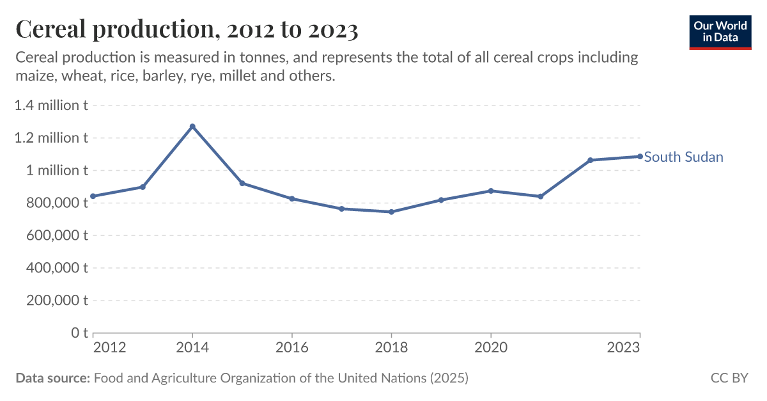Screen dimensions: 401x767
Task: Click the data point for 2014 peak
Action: point(192,127)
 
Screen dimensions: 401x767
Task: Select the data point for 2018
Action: point(391,212)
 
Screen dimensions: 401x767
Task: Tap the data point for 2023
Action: point(640,156)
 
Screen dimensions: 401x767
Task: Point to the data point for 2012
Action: point(93,196)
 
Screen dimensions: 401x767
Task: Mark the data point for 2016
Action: point(292,199)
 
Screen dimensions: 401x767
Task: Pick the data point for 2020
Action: point(491,191)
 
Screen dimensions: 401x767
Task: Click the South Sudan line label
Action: point(683,157)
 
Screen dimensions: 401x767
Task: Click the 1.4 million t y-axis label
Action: point(50,106)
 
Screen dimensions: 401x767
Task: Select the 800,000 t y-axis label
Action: point(57,203)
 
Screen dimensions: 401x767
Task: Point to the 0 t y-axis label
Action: point(79,333)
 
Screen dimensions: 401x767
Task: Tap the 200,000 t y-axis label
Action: point(57,301)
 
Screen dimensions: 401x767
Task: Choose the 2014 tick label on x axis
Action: point(192,347)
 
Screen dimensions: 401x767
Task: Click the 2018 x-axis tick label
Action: point(391,347)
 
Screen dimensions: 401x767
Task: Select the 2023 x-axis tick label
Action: point(624,347)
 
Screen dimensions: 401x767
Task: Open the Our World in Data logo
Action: point(720,31)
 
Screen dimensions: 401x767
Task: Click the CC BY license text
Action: point(729,378)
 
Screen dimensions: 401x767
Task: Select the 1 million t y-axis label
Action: point(57,170)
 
